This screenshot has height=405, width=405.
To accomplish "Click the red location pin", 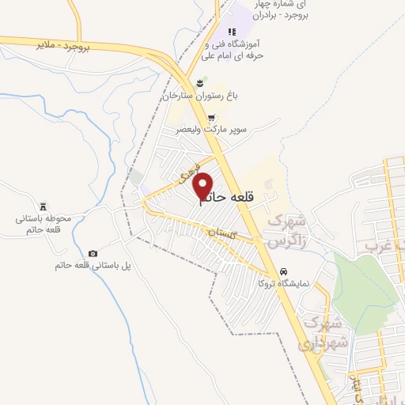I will click(x=203, y=186).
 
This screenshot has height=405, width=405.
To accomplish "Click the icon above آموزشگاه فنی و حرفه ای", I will click(x=231, y=32).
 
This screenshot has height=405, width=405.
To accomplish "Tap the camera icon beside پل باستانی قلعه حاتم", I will click(x=93, y=253).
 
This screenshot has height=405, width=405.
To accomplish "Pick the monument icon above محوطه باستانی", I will click(x=44, y=204).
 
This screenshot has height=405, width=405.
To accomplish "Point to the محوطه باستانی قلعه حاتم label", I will click(x=44, y=223).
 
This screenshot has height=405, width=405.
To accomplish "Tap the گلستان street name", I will click(x=223, y=234).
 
